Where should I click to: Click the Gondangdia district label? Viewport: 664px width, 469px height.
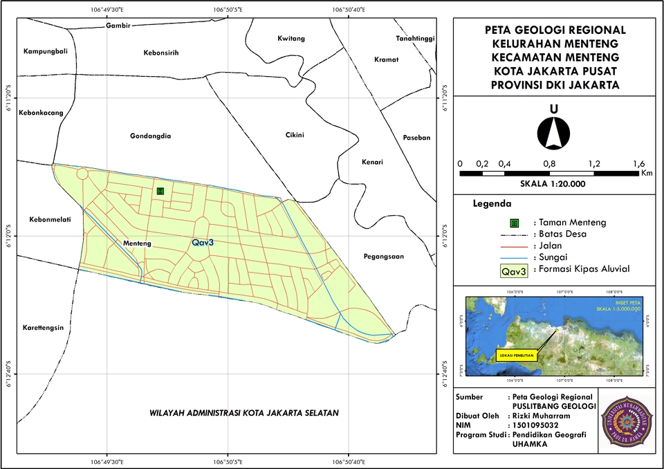tap(150, 136)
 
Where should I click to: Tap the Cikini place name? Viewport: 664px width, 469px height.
tap(295, 135)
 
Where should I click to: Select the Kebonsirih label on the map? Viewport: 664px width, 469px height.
tap(161, 53)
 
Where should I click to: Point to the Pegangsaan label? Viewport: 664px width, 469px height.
tap(382, 257)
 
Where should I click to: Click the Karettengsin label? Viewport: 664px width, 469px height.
tap(43, 328)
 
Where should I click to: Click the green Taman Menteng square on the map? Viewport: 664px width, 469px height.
tap(160, 191)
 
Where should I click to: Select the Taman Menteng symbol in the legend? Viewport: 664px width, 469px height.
tap(514, 223)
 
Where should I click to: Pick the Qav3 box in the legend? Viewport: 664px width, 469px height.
tap(514, 271)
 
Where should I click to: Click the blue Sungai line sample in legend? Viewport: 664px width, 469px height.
tap(514, 257)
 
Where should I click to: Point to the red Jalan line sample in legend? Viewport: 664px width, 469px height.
tap(514, 246)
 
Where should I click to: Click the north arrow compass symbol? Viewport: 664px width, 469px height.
tap(554, 131)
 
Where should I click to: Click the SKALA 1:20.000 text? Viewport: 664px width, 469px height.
tap(553, 184)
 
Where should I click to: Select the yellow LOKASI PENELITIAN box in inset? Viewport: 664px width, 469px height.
tap(515, 356)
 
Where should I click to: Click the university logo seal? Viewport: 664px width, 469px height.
tap(625, 421)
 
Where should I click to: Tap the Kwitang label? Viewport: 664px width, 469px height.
tap(290, 38)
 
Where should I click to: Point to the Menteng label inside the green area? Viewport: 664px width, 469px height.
tap(137, 244)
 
